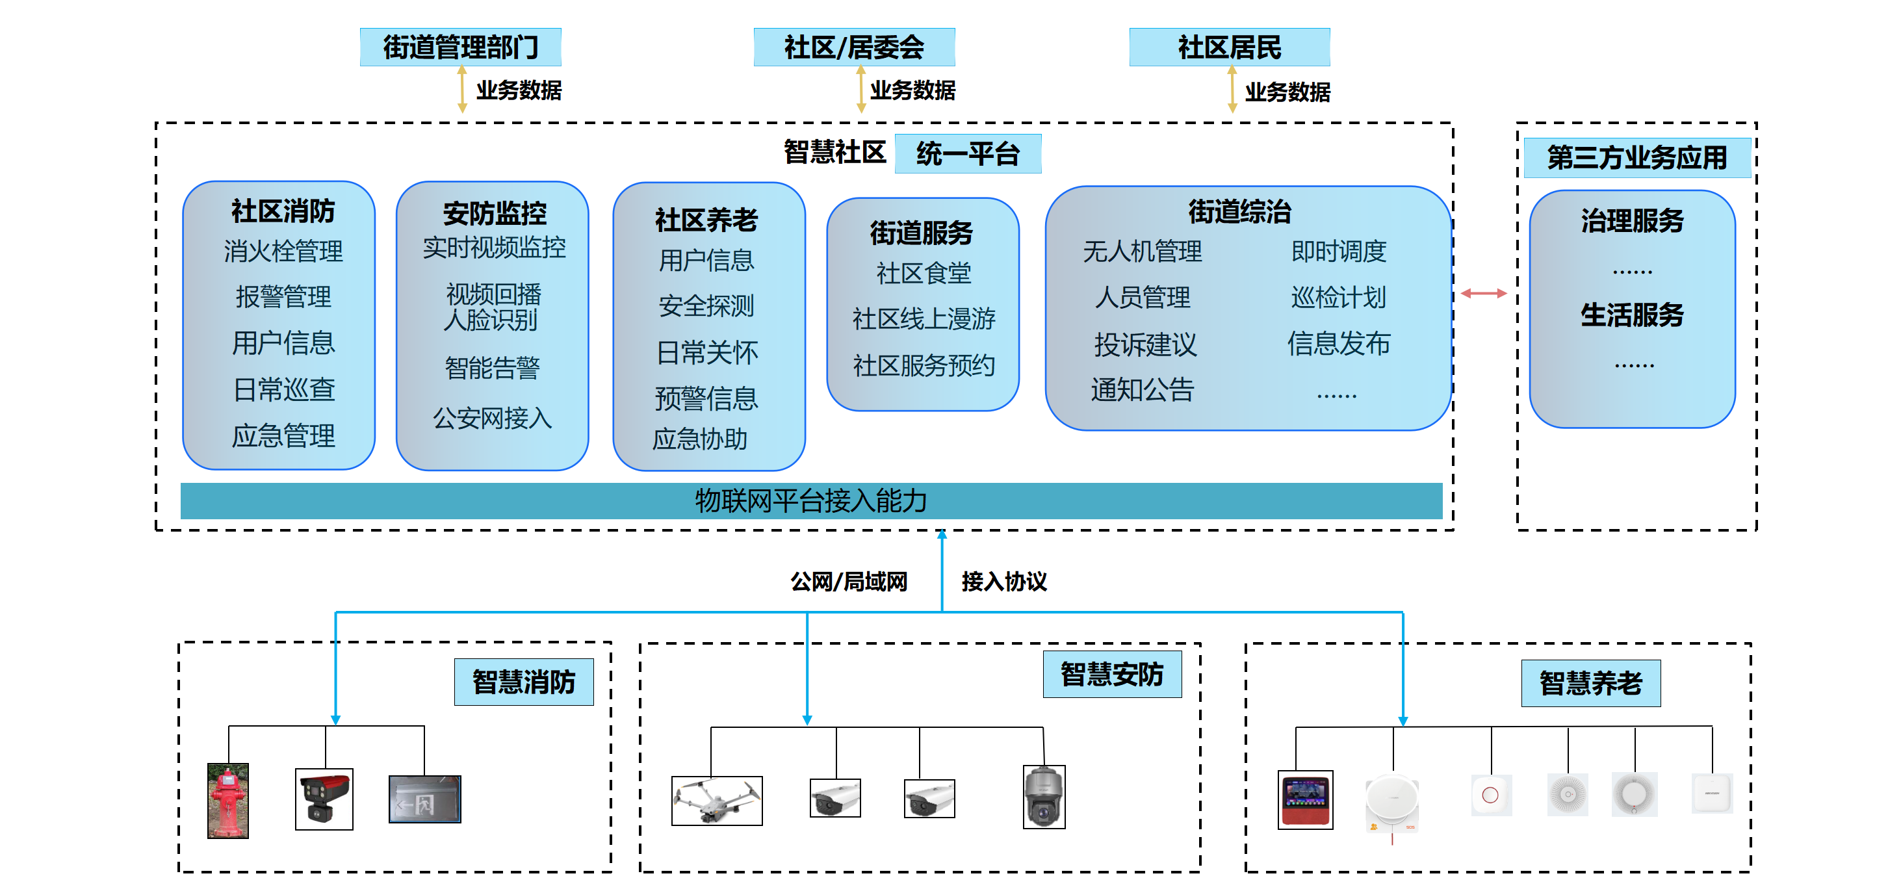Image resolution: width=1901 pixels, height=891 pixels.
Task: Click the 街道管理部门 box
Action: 461,47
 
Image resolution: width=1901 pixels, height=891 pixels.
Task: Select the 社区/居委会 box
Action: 854,47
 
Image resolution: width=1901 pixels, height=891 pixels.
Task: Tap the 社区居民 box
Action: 1230,47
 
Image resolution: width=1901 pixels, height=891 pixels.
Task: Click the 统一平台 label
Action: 968,153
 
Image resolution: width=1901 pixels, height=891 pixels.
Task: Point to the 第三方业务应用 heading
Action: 1636,157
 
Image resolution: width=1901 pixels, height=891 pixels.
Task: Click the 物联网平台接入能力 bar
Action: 811,500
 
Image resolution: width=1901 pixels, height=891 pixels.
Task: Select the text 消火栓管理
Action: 283,251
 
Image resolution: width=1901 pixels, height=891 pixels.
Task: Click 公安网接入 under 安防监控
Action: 492,418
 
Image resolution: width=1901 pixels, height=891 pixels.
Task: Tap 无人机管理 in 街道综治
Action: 1143,251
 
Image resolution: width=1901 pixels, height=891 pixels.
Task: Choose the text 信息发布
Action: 1339,343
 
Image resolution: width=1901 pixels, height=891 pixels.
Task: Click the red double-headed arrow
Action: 1483,293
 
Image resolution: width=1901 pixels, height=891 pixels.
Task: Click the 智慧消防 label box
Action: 523,681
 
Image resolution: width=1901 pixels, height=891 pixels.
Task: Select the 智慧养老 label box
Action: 1590,683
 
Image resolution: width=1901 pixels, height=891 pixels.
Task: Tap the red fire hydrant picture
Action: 228,800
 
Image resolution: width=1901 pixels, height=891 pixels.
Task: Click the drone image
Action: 717,800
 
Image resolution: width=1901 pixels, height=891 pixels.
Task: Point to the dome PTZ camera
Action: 1044,797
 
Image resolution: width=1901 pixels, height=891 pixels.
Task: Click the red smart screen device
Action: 1305,799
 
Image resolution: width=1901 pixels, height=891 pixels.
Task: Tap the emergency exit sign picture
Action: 424,799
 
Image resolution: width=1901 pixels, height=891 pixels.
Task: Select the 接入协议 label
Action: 1003,582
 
